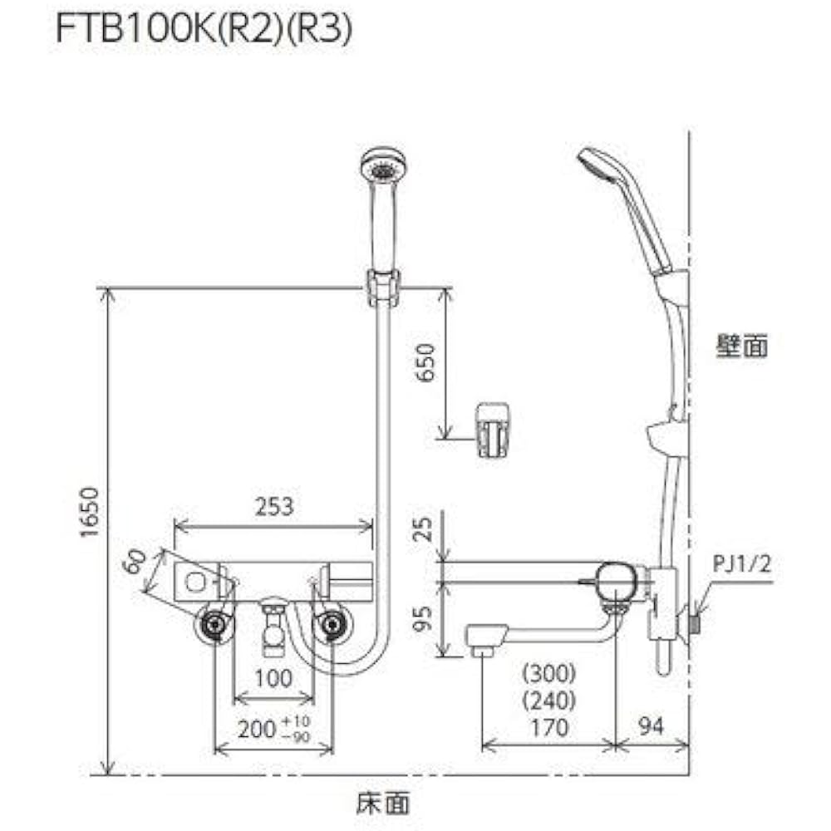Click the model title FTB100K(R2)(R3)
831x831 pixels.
204,31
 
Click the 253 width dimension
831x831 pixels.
274,507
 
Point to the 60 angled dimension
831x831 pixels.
133,562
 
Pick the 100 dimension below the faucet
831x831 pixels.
274,678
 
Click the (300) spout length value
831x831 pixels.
548,671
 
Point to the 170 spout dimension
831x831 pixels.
548,728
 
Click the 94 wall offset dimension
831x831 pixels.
653,728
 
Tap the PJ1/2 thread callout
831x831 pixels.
743,565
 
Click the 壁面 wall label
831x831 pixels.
742,347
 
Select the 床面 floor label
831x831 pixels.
383,803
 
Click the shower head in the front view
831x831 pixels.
382,167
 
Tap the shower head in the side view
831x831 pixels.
600,165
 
